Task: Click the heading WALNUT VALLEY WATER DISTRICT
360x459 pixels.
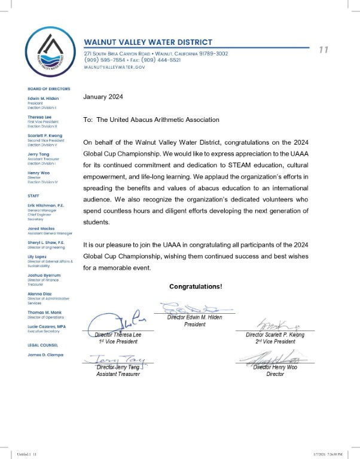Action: pos(148,42)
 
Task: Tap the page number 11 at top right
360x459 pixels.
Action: pos(324,50)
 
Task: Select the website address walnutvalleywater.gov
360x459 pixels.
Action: pos(114,68)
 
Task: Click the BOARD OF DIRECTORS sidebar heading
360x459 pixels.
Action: pos(48,88)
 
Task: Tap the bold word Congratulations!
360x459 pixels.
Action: pos(196,287)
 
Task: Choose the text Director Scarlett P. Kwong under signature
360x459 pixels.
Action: pos(275,335)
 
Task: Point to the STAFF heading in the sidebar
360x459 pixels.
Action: pos(33,195)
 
